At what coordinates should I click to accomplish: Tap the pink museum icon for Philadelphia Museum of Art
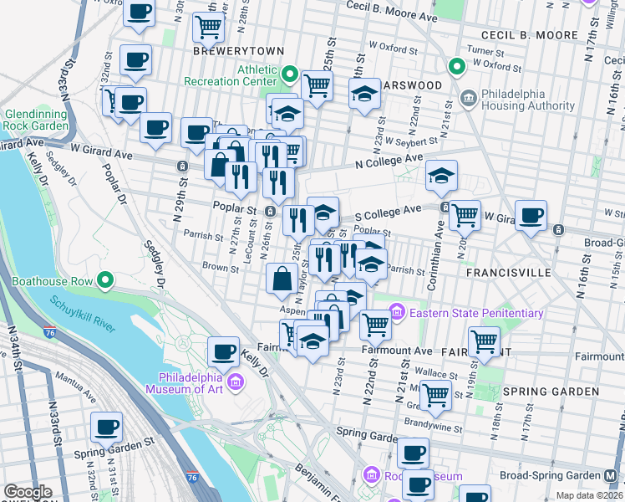pos(236,382)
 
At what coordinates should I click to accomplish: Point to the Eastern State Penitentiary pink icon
pos(396,313)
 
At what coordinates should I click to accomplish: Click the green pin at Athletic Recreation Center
pos(289,74)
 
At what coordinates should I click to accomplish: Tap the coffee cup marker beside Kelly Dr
pos(223,351)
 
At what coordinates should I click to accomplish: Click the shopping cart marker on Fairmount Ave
pos(485,341)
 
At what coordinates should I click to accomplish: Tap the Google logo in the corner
pos(28,492)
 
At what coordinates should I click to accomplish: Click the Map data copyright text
pos(589,495)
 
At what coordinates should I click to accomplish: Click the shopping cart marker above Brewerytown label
pos(208,26)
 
